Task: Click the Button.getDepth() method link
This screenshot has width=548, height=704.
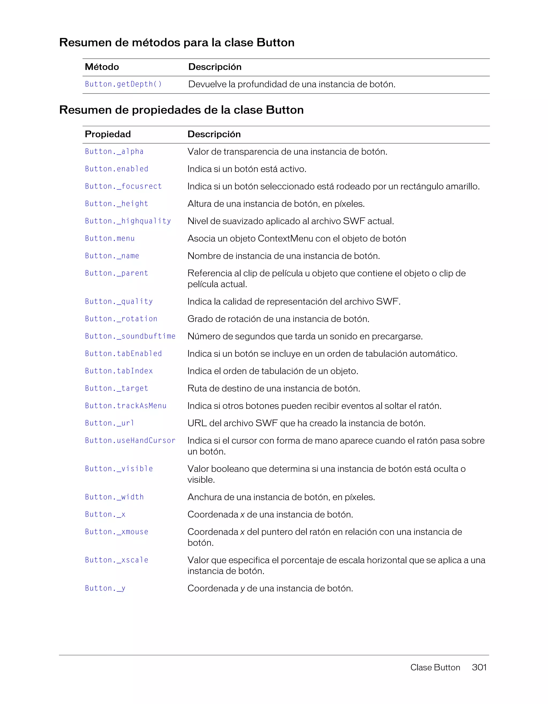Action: point(123,84)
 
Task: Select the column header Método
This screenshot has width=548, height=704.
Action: point(102,67)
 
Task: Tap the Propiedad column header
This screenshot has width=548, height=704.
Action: point(108,134)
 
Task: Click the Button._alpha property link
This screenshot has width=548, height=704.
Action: point(114,152)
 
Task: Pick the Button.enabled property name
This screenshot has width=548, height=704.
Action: point(117,169)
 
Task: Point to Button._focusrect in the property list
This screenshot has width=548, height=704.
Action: point(123,186)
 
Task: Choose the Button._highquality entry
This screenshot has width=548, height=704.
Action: point(128,221)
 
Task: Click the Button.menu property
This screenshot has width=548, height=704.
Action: point(110,238)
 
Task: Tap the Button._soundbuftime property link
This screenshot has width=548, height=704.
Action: point(130,336)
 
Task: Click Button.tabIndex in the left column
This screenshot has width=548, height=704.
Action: point(119,371)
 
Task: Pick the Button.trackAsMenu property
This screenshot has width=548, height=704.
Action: point(125,406)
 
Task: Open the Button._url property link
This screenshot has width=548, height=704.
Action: point(109,423)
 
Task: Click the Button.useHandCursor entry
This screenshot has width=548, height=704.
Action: point(130,441)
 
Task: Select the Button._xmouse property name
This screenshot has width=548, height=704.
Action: point(117,532)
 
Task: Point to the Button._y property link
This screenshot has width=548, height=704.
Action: point(105,589)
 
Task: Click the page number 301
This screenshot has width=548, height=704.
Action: point(479,667)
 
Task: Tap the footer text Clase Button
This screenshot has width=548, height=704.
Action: point(435,667)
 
